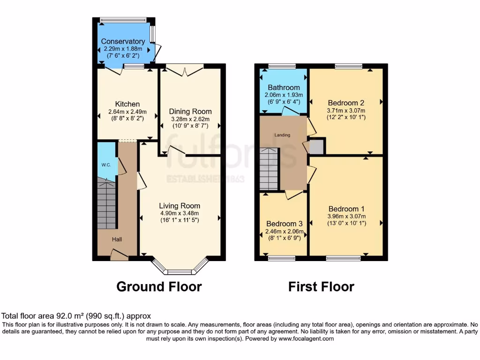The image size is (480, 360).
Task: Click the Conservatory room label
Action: (x=123, y=41)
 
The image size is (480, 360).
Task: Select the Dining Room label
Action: (x=190, y=112)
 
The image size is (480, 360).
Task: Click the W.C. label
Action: (x=105, y=165)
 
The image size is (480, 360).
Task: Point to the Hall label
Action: (x=117, y=240)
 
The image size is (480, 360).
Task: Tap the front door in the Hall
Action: (x=119, y=255)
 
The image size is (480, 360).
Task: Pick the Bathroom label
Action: (x=284, y=87)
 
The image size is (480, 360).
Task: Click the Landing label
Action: (x=282, y=135)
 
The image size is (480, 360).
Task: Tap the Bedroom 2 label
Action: (x=346, y=103)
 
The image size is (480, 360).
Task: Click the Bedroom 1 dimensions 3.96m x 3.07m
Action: (x=346, y=216)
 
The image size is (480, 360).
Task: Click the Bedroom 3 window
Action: (x=281, y=258)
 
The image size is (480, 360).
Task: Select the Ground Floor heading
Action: (x=159, y=286)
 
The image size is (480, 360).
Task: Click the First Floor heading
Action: (x=321, y=286)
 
